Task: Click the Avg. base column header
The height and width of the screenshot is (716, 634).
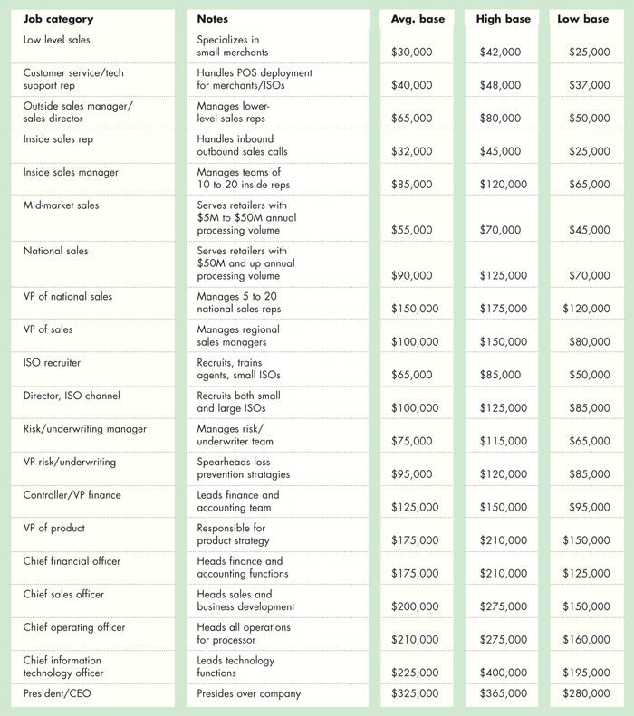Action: (x=418, y=19)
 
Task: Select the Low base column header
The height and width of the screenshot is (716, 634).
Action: (x=583, y=19)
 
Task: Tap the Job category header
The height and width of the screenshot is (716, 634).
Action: (x=58, y=19)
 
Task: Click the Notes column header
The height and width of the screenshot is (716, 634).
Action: (x=213, y=19)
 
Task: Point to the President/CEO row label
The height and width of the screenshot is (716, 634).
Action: (x=60, y=694)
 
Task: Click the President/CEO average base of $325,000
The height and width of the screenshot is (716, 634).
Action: (x=415, y=694)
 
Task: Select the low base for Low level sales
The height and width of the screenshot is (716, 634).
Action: (x=589, y=53)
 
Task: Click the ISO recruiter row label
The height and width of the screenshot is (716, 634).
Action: (x=52, y=363)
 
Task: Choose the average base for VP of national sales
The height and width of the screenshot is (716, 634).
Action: (x=415, y=309)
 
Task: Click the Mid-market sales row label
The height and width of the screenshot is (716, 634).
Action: (x=61, y=205)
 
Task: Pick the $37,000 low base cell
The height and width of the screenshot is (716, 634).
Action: (x=589, y=85)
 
